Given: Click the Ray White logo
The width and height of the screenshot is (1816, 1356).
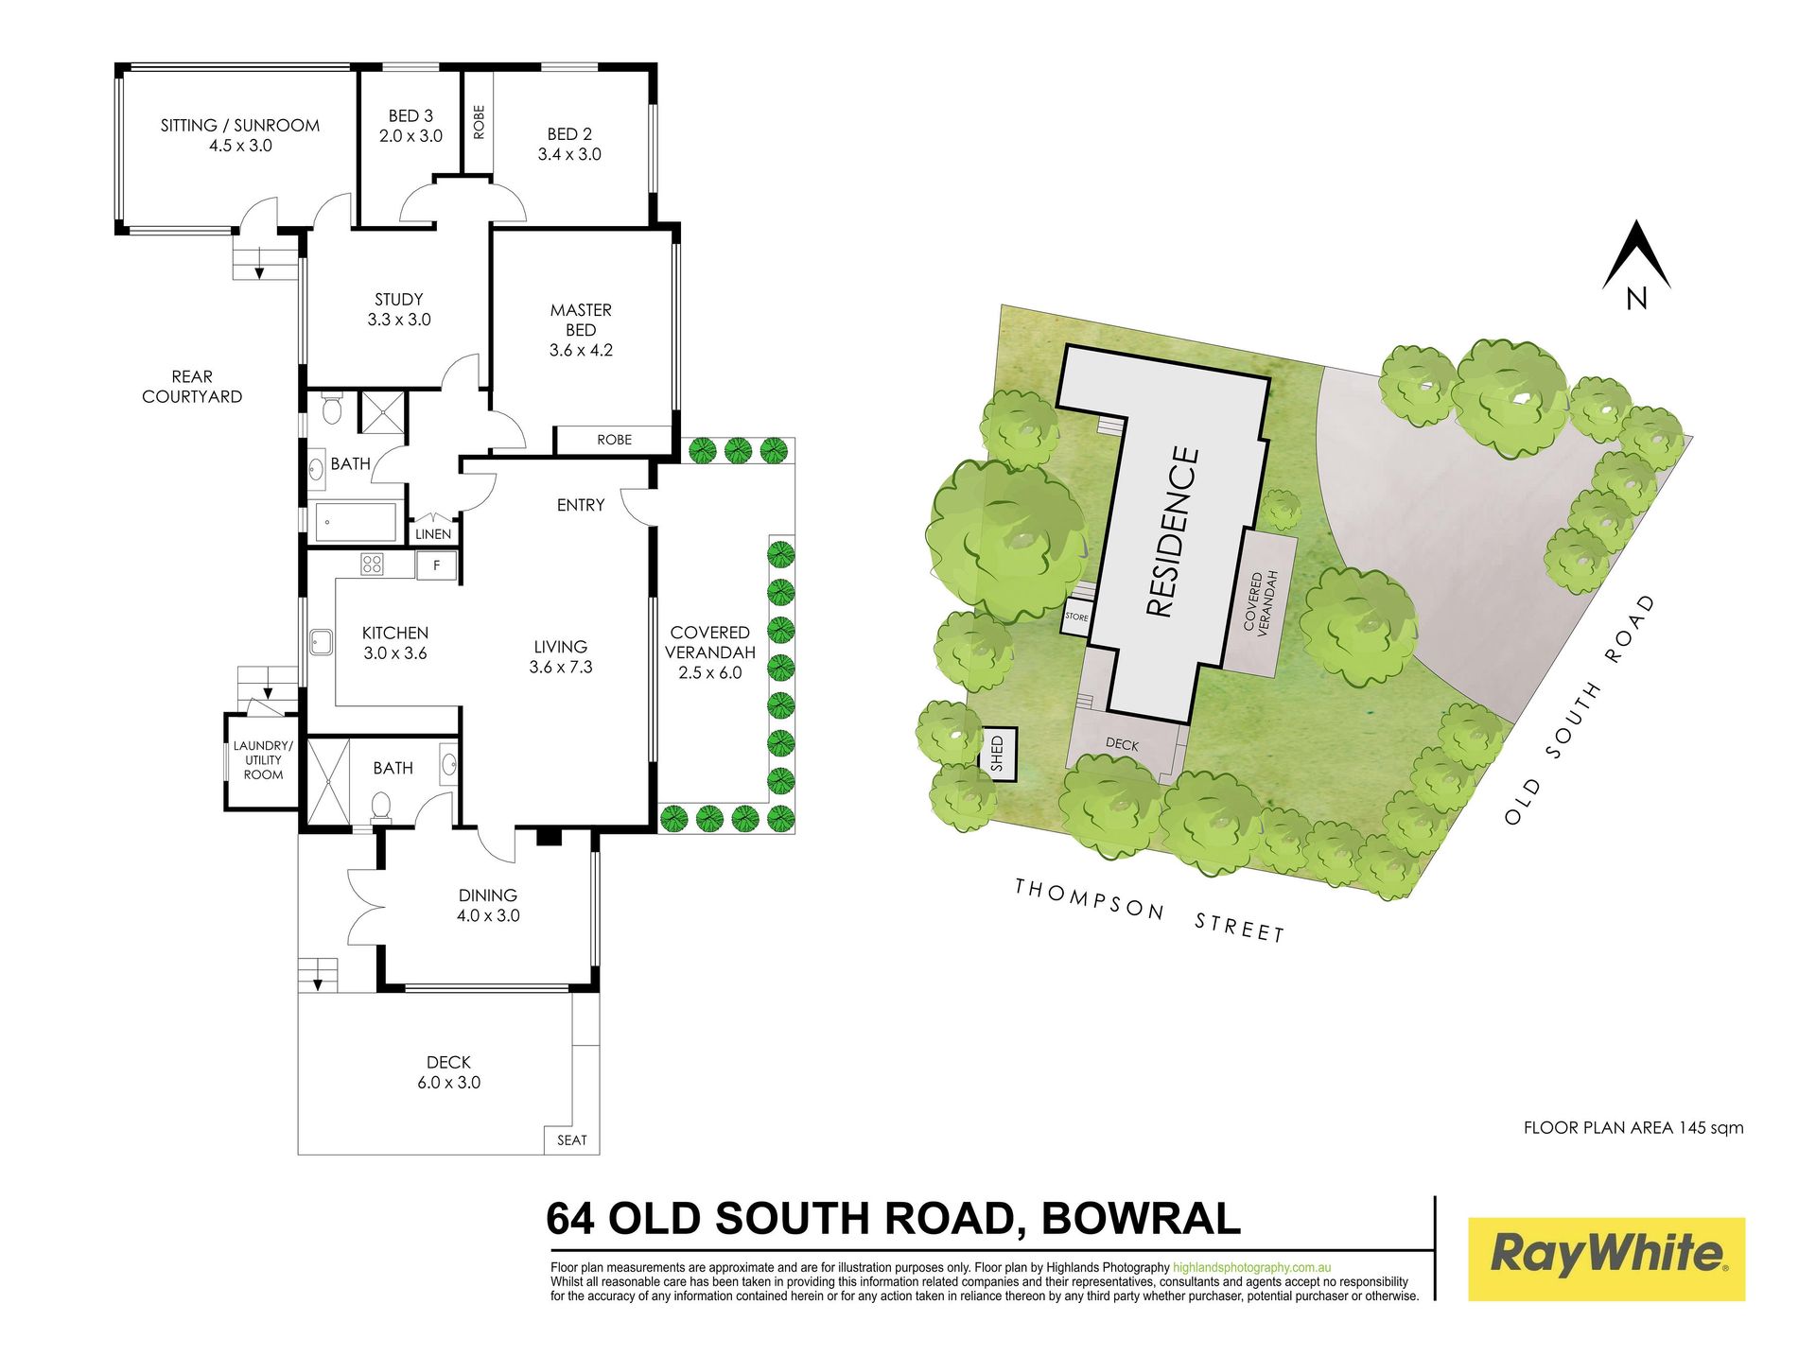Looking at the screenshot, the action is coord(1606,1259).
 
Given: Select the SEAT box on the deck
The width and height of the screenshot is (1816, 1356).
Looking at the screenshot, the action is coord(571,1139).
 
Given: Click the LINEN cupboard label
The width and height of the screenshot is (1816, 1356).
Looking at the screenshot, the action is coord(433,534).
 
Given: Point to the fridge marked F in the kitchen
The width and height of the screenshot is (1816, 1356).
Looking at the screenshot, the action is coord(436,565).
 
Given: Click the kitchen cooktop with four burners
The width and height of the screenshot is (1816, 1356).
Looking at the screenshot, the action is coord(372,565).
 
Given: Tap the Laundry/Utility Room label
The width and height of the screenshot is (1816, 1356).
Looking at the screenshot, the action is coord(263,760).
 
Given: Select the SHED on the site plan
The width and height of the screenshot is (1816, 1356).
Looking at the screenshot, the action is coord(997,755).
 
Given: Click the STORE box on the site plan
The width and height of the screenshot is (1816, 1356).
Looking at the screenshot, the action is coord(1076,617).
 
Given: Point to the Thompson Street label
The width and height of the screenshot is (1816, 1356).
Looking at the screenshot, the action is coord(1149,911).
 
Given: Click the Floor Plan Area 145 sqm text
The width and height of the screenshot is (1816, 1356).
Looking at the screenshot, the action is coord(1633,1127).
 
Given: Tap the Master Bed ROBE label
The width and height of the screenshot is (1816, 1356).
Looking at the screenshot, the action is coord(614,440).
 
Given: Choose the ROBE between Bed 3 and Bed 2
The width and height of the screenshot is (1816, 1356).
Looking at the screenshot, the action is coord(478,122).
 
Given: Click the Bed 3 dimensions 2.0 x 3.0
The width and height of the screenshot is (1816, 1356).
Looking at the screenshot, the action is coord(410,136).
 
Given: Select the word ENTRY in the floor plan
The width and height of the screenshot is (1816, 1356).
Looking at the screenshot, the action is coord(580,505).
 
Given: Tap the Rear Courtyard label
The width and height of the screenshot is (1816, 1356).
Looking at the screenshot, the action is coord(192,387).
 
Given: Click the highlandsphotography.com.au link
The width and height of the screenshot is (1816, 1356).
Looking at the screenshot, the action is coord(1252,1267).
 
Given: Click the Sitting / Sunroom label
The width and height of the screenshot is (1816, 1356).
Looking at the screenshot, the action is coord(240,125).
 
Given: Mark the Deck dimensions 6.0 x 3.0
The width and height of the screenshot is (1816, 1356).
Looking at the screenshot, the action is coord(448,1083).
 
